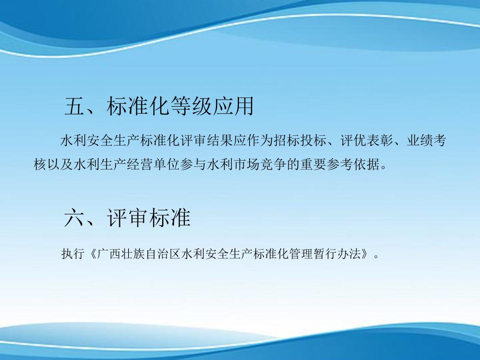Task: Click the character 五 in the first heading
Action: [74, 106]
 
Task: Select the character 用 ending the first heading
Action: [244, 106]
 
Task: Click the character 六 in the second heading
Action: [74, 218]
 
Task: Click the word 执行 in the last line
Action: [73, 254]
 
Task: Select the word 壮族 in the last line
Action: [133, 254]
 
